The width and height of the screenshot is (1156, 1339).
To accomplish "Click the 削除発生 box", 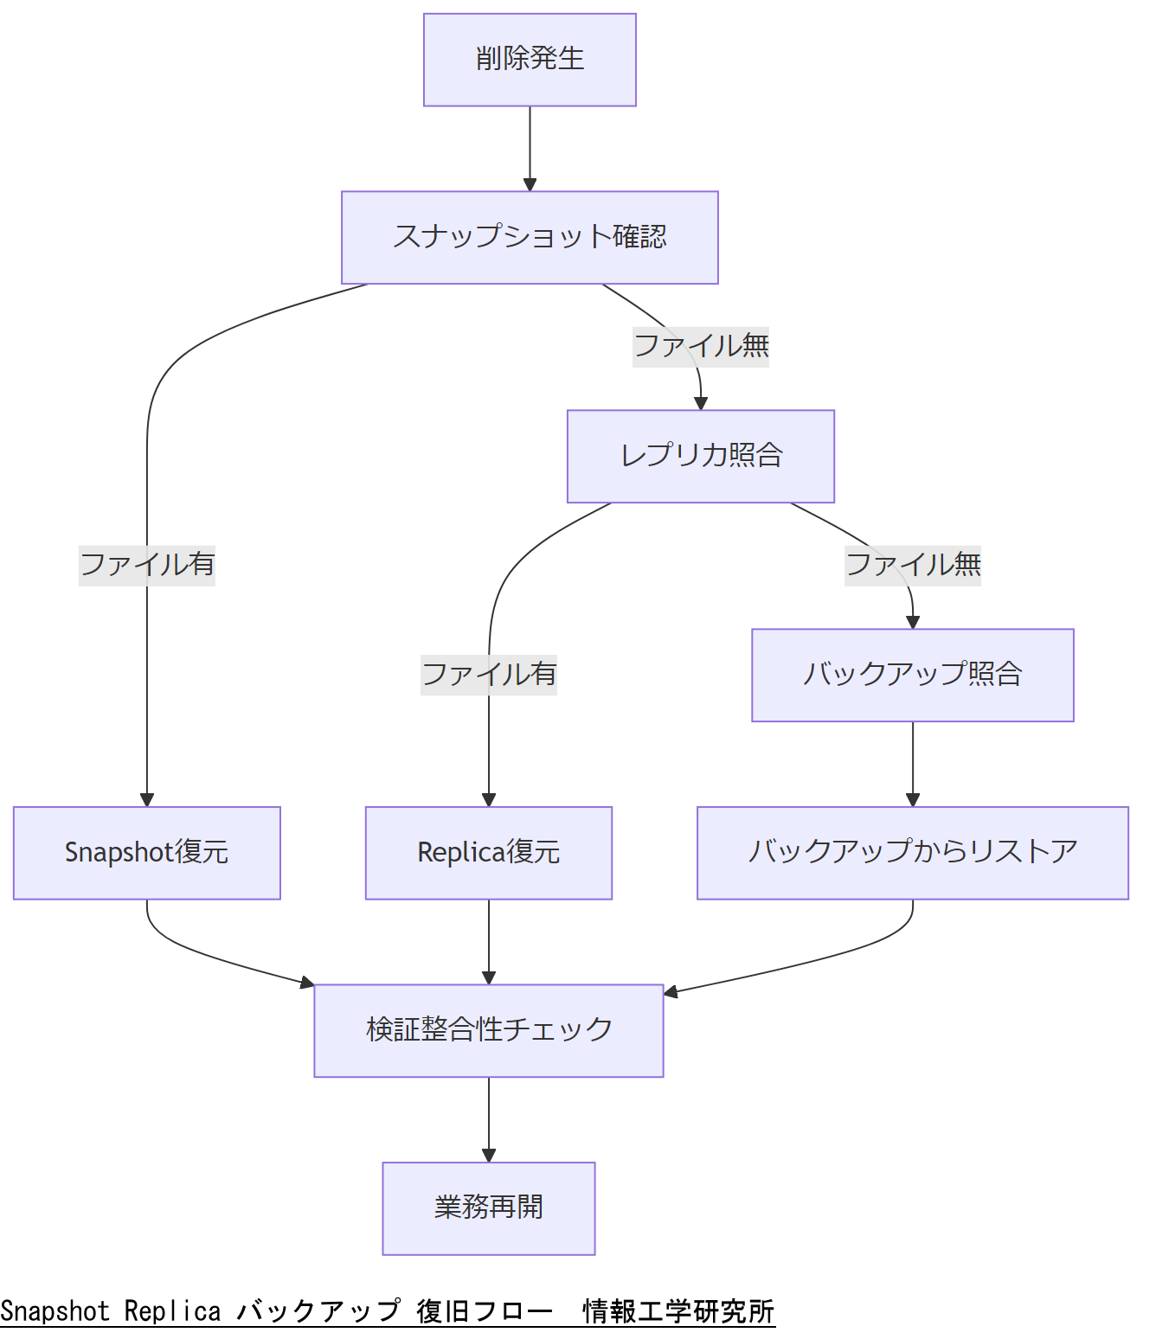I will tap(530, 60).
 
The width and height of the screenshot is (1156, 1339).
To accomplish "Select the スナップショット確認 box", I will tap(530, 237).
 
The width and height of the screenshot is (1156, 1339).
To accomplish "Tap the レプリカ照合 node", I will tap(701, 456).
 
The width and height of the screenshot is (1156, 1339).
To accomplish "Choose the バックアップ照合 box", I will tap(913, 675).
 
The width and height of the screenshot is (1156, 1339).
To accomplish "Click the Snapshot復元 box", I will tap(147, 853).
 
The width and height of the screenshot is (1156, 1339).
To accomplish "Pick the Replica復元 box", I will tap(489, 853).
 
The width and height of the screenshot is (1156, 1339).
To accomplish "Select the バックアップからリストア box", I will tap(913, 853).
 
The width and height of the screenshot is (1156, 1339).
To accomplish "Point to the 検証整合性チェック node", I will tap(489, 1030).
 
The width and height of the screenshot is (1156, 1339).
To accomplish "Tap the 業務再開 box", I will tap(489, 1208).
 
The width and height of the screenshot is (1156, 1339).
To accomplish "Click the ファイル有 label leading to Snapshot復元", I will tap(147, 566).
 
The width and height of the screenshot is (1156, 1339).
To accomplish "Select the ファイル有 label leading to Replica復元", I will tap(489, 675).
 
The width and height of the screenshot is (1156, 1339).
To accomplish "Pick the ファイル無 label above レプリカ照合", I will tap(701, 347).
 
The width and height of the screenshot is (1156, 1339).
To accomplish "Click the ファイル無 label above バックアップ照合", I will tap(913, 566).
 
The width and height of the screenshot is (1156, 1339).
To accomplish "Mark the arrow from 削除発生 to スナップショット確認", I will tap(530, 147).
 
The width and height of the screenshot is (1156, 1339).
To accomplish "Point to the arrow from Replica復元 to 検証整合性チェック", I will tap(489, 940).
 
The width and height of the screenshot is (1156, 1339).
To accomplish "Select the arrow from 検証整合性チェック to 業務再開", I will tap(489, 1118).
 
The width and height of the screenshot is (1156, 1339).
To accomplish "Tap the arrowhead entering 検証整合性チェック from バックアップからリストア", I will tap(671, 992).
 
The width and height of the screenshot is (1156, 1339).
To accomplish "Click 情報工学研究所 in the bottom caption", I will tap(678, 1311).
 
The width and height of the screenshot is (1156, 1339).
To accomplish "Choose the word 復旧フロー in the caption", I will tap(484, 1311).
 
